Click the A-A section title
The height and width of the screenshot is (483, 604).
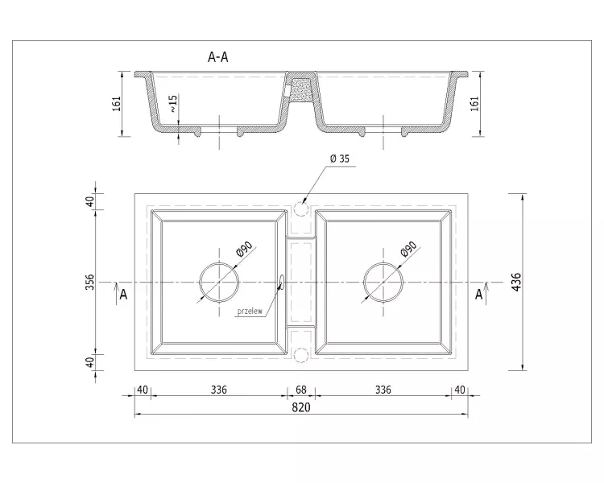(218, 57)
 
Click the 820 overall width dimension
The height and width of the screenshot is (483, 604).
(301, 407)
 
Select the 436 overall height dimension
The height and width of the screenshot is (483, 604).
(516, 282)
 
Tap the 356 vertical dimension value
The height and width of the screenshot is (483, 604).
(89, 283)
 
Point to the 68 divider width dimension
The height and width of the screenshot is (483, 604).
(301, 390)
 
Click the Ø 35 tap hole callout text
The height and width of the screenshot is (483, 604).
(340, 159)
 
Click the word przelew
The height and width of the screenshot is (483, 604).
(250, 312)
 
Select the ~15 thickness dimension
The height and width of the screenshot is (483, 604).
(174, 103)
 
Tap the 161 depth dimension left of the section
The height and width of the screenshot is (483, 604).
(117, 104)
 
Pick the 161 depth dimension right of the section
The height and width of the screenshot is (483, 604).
(474, 104)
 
